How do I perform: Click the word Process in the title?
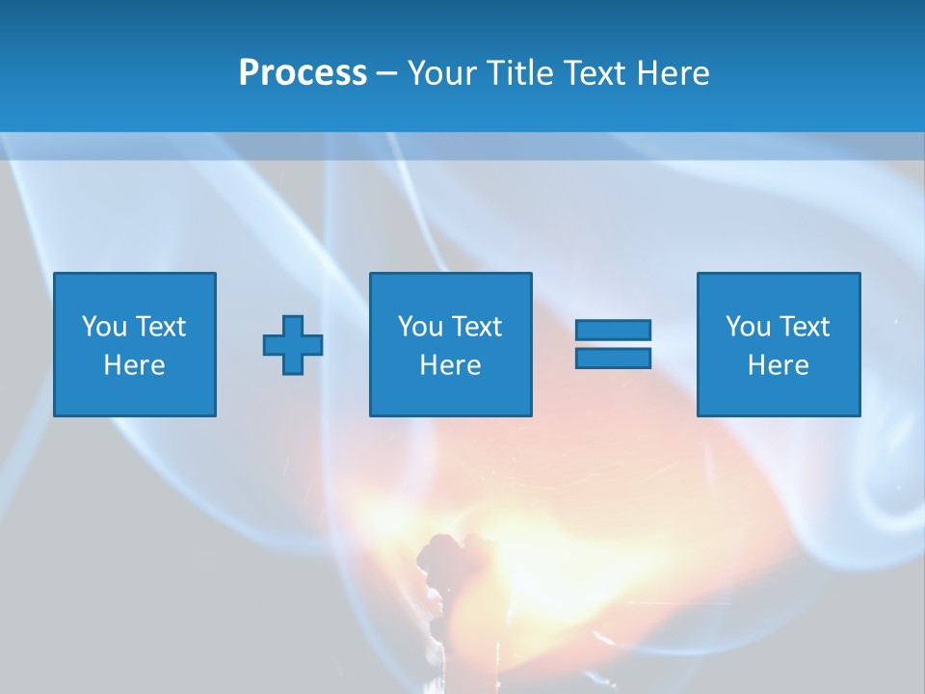303,73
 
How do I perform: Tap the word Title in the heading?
521,73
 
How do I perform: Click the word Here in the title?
676,73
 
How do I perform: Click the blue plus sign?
293,345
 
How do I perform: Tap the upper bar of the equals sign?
613,331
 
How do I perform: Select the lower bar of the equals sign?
613,358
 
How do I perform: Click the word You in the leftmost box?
104,327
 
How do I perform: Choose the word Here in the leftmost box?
134,365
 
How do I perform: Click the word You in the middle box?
420,327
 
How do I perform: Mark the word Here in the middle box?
450,365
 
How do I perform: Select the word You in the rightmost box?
748,327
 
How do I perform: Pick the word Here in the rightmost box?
778,365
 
